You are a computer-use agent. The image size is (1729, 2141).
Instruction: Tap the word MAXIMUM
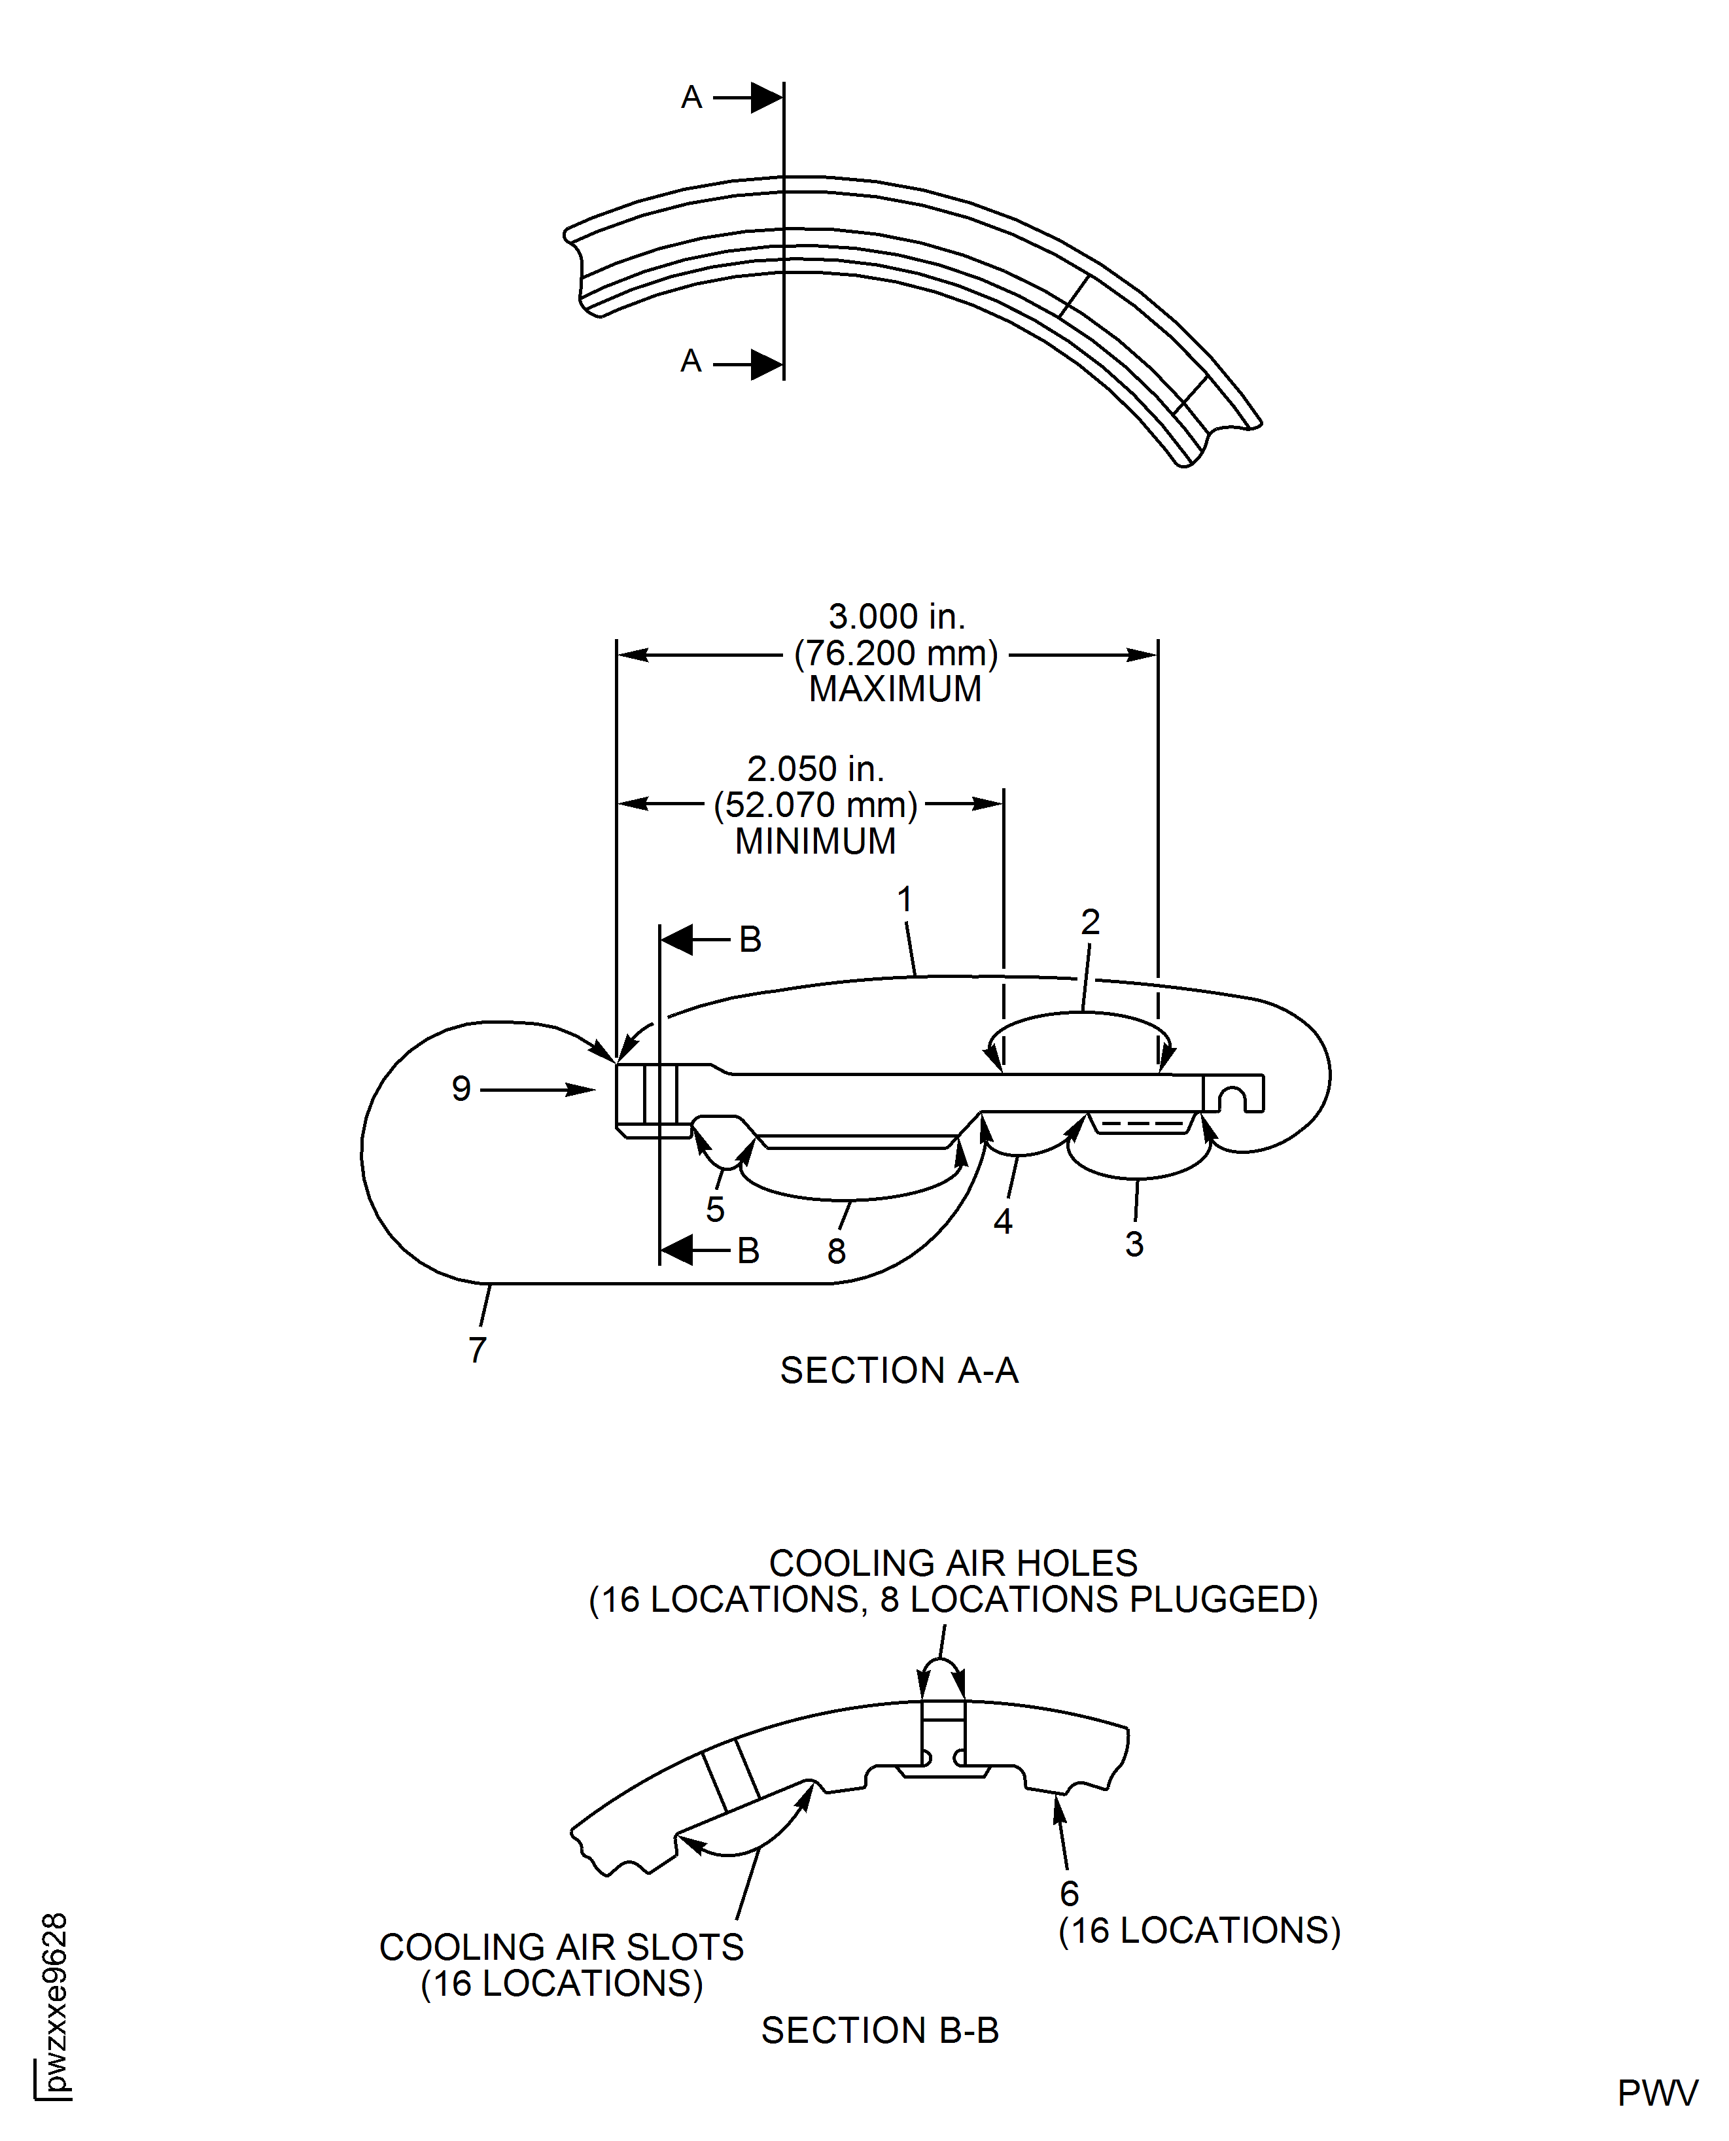pos(894,689)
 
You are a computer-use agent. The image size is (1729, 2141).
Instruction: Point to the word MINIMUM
pos(814,841)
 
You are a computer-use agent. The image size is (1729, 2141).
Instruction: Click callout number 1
pos(904,899)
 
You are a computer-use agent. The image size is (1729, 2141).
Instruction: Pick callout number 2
pos(1090,922)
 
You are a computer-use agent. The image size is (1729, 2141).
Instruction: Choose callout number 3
pos(1134,1244)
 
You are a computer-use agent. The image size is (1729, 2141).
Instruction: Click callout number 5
pos(714,1210)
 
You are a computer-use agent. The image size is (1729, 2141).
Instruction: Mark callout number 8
pos(837,1252)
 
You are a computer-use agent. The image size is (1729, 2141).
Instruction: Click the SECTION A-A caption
pos(898,1370)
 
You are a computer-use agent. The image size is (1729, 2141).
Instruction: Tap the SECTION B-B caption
pos(879,2030)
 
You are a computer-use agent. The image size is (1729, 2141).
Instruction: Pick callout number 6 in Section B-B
pos(1069,1893)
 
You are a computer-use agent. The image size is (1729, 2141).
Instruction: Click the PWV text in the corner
pos(1657,2093)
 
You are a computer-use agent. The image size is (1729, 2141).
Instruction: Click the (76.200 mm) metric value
pos(896,653)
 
